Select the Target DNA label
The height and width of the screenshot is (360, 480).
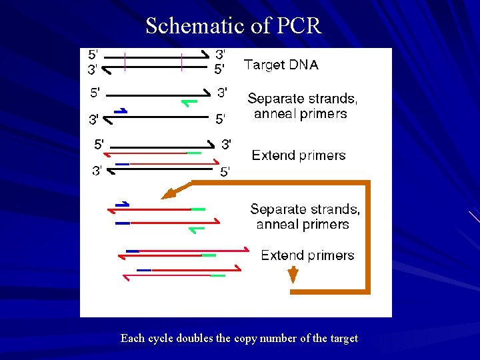tap(281, 65)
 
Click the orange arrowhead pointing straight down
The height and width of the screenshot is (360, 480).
tap(292, 274)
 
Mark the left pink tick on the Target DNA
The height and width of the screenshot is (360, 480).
tap(125, 61)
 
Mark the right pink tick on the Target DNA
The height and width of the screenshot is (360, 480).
tap(182, 61)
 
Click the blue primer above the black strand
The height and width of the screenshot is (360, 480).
tap(121, 111)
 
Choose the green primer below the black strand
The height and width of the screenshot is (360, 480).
tap(190, 103)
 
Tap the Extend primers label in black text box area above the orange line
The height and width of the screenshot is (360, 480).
tap(299, 155)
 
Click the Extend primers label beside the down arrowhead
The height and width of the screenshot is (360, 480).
tap(307, 255)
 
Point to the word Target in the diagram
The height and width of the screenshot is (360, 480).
tap(265, 65)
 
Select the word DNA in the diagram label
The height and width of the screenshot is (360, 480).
tap(303, 65)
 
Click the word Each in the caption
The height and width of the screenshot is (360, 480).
tap(132, 338)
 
